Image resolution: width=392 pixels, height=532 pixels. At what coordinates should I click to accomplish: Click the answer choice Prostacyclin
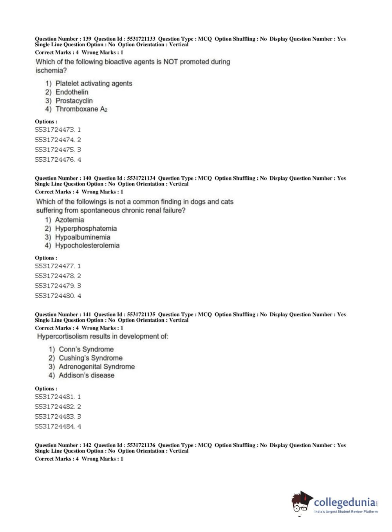coord(74,101)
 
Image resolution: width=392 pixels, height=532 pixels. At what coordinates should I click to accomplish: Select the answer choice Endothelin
coord(72,92)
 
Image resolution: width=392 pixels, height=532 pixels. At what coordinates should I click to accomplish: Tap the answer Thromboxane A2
coord(81,109)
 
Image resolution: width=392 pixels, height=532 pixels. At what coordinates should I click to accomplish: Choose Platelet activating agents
coord(94,84)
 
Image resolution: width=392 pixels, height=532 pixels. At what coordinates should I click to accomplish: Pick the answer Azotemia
coord(69,220)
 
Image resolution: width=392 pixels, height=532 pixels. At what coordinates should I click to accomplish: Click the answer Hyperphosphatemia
coord(86,229)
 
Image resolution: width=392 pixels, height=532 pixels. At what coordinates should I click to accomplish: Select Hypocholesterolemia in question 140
coord(87,246)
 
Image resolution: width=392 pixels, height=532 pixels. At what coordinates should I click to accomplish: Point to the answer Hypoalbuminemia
coord(83,237)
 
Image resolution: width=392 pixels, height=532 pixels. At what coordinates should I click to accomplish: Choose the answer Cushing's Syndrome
coord(90,358)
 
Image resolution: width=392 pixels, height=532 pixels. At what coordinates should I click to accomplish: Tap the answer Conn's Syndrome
coord(86,350)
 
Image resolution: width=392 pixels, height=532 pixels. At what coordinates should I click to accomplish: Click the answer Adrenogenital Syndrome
coord(97,367)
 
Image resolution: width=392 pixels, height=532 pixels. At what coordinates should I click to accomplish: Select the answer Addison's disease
coord(87,375)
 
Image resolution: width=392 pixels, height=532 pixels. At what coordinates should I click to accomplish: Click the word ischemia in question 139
coord(51,71)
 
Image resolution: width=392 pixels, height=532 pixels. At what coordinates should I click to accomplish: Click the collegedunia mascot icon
coord(301,502)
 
